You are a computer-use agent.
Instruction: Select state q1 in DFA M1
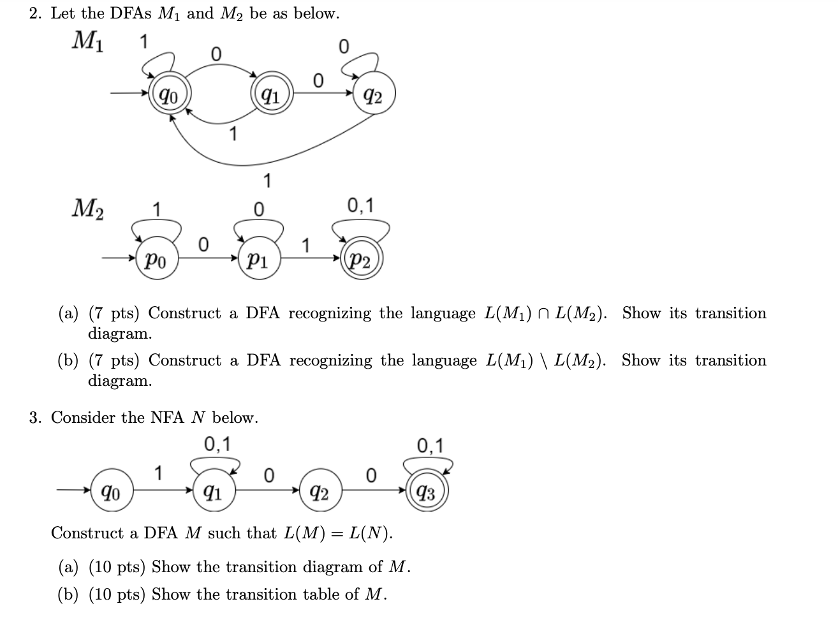272,96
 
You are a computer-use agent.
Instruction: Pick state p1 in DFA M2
258,260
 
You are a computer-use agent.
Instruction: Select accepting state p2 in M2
362,260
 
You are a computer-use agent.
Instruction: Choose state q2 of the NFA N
319,492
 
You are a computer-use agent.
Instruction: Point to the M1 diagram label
89,41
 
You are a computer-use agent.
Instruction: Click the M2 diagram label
89,208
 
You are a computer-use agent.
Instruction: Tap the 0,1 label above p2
361,205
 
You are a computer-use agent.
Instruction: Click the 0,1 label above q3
430,445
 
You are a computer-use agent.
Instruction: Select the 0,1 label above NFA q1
218,443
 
